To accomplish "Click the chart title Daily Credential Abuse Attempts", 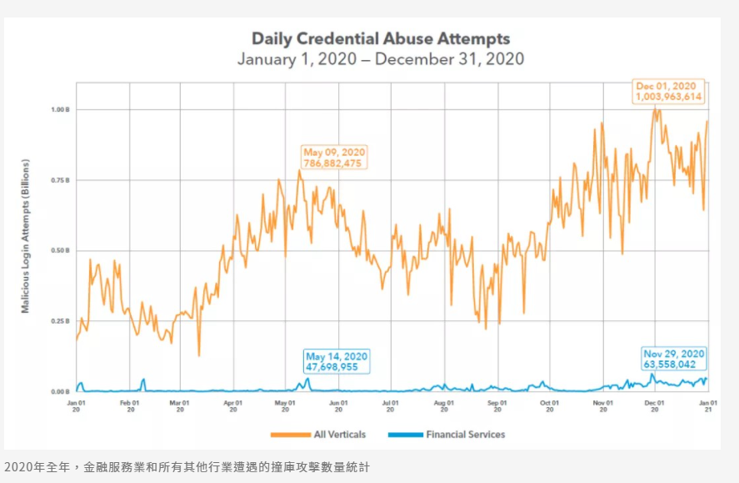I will coord(381,38).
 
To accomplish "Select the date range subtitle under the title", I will coord(381,59).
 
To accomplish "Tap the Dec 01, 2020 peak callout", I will coord(669,91).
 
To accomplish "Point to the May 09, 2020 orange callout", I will coord(334,158).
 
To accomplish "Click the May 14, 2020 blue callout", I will coord(337,361).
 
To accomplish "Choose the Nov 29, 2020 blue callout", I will coord(674,359).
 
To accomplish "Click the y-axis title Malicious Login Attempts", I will coord(26,237).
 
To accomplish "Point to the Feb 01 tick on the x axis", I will coord(129,405).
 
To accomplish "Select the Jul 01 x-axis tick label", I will coord(389,405).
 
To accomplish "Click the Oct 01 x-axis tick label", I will coord(549,405).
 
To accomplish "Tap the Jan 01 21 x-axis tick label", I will coord(707,405).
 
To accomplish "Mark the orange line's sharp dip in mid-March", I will coord(198,355).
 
